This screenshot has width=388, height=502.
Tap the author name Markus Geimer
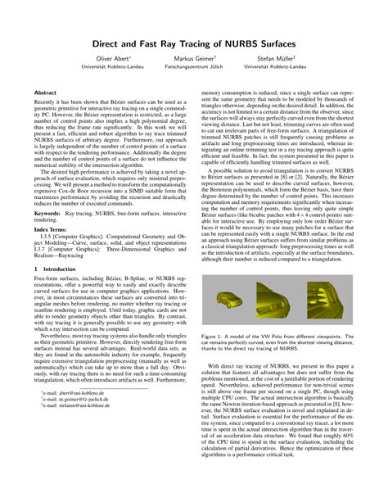click(x=193, y=58)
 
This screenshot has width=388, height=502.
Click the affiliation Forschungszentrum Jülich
click(x=193, y=67)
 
